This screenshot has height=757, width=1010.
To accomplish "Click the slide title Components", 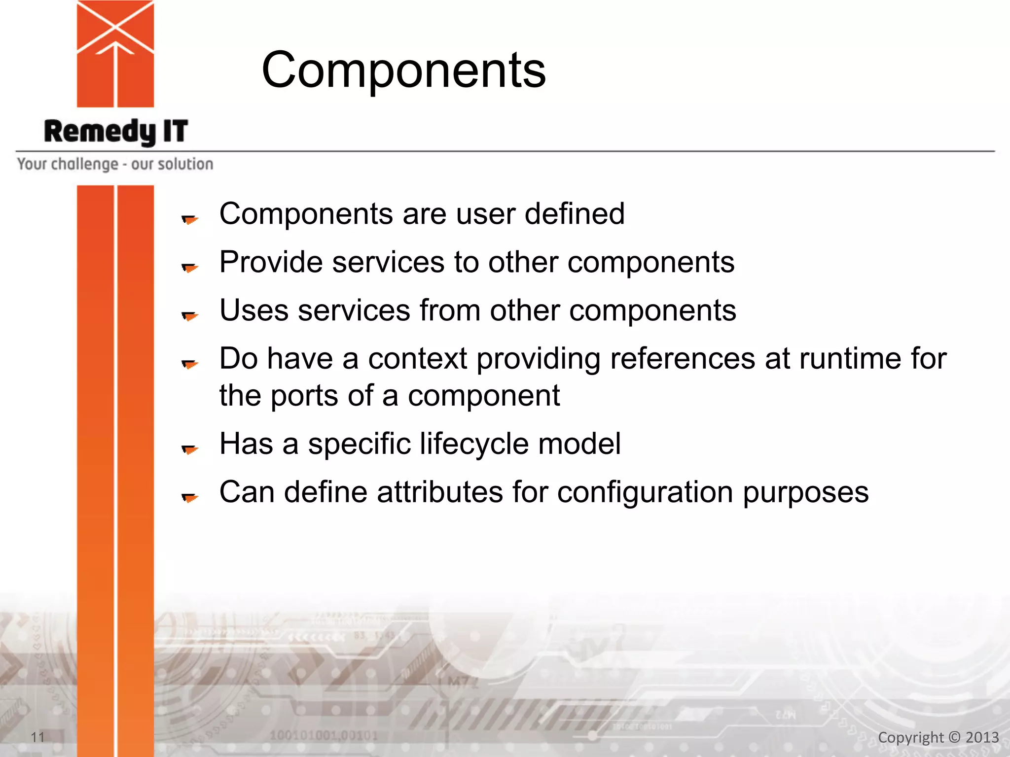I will click(403, 70).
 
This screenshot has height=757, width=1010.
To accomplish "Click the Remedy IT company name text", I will click(116, 132).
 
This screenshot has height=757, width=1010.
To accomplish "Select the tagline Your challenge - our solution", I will click(115, 164).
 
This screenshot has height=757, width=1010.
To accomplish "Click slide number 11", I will click(37, 737).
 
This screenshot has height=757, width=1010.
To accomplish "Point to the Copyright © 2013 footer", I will click(938, 737).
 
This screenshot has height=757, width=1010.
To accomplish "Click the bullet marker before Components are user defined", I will click(189, 219).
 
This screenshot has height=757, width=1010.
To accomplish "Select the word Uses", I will click(253, 310).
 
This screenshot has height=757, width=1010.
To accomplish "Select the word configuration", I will click(645, 492).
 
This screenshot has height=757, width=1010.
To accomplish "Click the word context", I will click(417, 358).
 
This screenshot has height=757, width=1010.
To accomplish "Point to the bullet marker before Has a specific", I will click(189, 449).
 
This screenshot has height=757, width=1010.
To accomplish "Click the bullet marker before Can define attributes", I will click(189, 497).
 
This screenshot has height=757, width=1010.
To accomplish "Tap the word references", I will click(683, 358).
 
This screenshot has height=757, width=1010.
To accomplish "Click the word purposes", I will click(805, 492).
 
